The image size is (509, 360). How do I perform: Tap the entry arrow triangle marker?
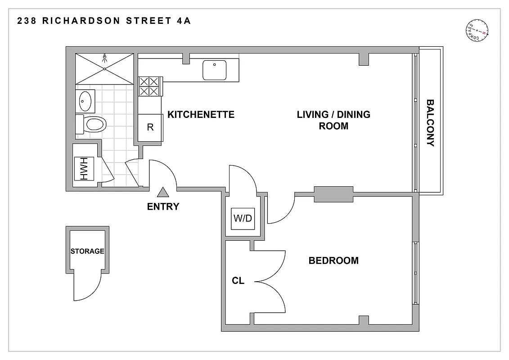(x=162, y=193)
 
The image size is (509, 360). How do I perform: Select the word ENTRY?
(x=163, y=207)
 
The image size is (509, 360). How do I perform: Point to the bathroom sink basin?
(x=86, y=101)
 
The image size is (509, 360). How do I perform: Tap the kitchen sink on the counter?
(x=214, y=70)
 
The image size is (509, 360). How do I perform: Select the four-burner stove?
(x=149, y=86)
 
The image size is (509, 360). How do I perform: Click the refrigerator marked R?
(x=150, y=127)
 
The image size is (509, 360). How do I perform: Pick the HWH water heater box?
(x=84, y=169)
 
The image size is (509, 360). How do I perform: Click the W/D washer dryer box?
(x=243, y=219)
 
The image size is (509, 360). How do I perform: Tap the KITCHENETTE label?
(x=201, y=115)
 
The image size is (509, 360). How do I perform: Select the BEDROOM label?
(x=333, y=261)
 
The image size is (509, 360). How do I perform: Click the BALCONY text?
(x=430, y=123)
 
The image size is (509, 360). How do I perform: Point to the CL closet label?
(x=238, y=281)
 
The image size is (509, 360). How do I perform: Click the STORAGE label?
(x=87, y=251)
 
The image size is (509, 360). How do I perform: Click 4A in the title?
(x=184, y=21)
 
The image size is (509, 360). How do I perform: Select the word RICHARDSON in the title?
(x=81, y=21)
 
